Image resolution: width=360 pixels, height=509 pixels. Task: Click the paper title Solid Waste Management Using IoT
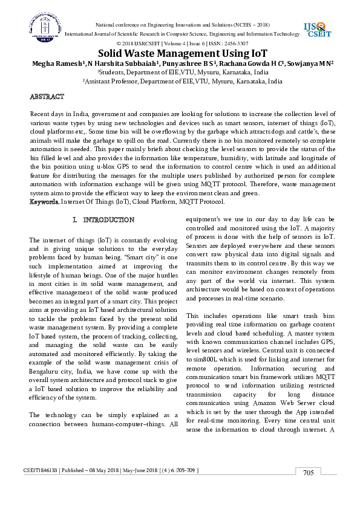click(179, 53)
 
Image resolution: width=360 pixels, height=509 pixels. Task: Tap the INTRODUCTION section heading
click(108, 219)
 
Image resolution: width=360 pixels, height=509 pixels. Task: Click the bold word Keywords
click(45, 201)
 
